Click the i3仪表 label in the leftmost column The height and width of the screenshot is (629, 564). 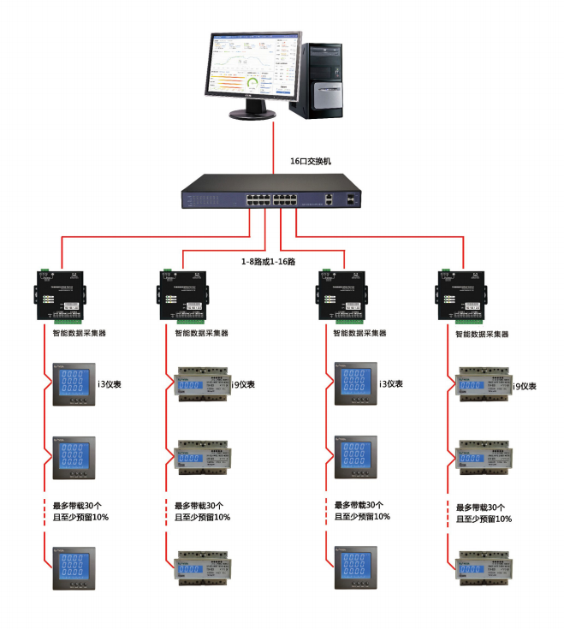(110, 383)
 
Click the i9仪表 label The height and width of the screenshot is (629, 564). (525, 387)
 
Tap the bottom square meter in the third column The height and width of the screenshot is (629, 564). (353, 567)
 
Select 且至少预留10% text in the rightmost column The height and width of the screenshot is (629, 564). (484, 519)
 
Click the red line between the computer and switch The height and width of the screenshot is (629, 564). (273, 145)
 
